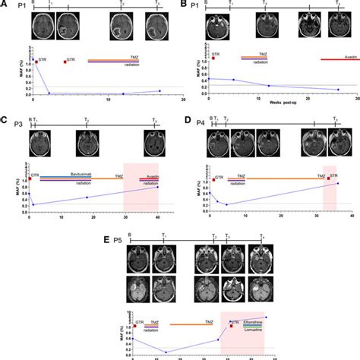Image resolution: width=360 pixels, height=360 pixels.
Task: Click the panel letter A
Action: tap(5, 5)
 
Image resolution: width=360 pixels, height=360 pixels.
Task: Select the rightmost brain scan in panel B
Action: tap(338, 28)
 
